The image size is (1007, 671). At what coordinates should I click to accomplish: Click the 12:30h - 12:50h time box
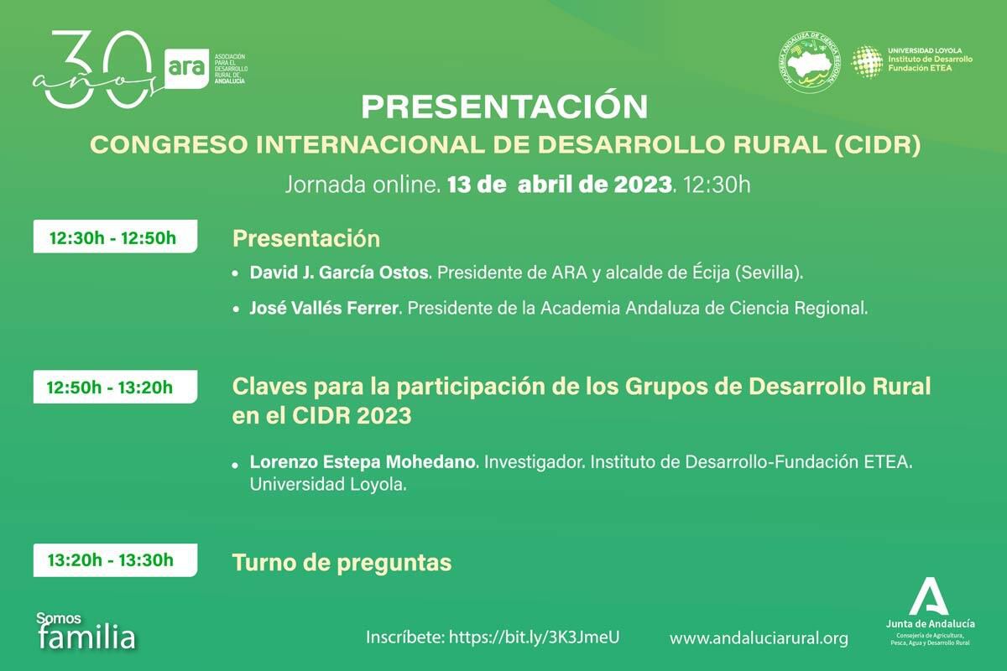coord(114,237)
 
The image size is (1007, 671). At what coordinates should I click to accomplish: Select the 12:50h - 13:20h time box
coord(114,388)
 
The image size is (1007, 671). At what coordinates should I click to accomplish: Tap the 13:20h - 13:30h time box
coord(114,560)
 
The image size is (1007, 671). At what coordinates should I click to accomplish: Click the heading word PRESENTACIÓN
coord(503,107)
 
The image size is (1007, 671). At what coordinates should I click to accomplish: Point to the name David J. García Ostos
coord(339,273)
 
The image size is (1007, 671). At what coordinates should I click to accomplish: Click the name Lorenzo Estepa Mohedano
coord(363,462)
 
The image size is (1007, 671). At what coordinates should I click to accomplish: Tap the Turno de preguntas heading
coord(342,563)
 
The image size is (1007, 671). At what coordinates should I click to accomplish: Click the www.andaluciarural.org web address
coord(758,638)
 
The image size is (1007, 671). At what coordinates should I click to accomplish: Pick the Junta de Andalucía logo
coord(929,611)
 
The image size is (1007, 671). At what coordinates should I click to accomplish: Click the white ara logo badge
coord(185,66)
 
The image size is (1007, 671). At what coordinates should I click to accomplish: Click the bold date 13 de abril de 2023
coord(560,185)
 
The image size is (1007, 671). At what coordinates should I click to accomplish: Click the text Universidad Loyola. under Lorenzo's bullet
coord(327,484)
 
